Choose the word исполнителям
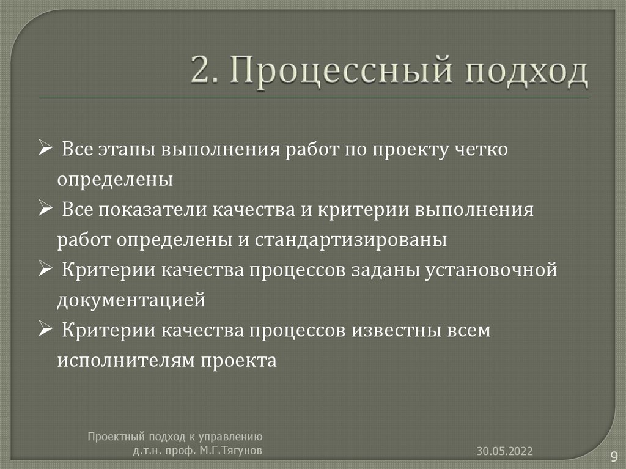(125, 361)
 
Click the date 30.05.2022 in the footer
(505, 451)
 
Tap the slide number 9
(613, 456)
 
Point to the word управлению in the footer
(231, 437)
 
